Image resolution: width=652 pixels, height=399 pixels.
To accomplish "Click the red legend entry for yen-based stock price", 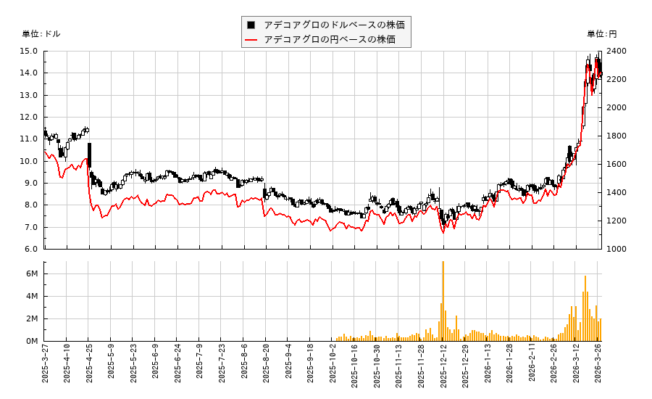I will (329, 39).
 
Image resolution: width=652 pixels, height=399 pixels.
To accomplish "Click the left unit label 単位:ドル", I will (41, 34).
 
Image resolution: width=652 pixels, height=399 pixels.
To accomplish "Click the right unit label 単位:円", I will (601, 34).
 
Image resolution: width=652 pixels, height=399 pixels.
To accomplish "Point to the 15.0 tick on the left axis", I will (30, 52).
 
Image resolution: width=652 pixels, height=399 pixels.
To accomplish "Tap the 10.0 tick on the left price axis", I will (30, 161).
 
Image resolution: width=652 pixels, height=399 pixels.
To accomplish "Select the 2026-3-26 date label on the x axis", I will (599, 365).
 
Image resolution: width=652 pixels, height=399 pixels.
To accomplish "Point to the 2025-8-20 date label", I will (266, 365).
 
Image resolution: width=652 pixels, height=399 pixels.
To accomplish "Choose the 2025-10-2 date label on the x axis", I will (333, 365).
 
